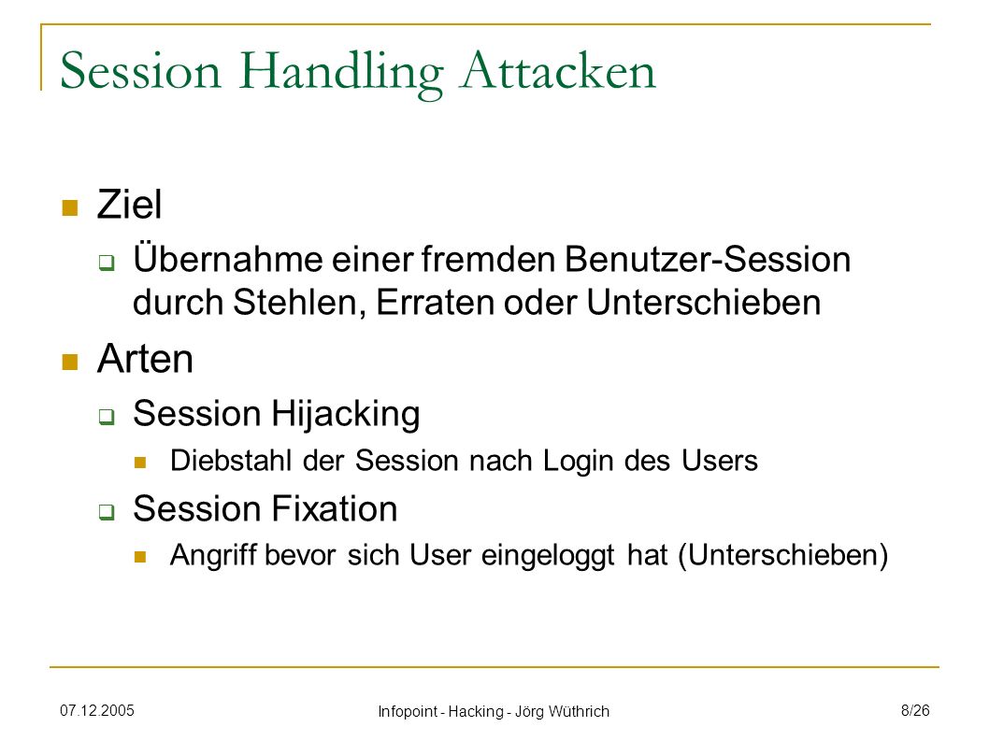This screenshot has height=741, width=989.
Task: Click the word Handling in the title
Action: (341, 73)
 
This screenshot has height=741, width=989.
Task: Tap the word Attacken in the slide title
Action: (558, 70)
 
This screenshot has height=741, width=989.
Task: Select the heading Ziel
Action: (129, 205)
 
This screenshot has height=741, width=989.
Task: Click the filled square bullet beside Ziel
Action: (70, 207)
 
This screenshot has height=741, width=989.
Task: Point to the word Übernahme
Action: (228, 259)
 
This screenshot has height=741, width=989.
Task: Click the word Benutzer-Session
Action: (707, 259)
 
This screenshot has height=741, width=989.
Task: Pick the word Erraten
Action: (435, 302)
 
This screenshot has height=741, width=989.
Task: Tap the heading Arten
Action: (145, 359)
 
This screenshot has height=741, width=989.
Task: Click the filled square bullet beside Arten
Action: (70, 362)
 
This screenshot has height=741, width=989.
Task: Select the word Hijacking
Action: (346, 415)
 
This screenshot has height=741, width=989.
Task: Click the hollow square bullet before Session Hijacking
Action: (107, 416)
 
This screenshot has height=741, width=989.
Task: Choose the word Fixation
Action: (335, 508)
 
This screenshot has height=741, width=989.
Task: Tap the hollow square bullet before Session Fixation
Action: (107, 511)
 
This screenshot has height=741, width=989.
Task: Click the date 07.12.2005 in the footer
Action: (97, 711)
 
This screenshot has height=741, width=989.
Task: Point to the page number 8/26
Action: (915, 711)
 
